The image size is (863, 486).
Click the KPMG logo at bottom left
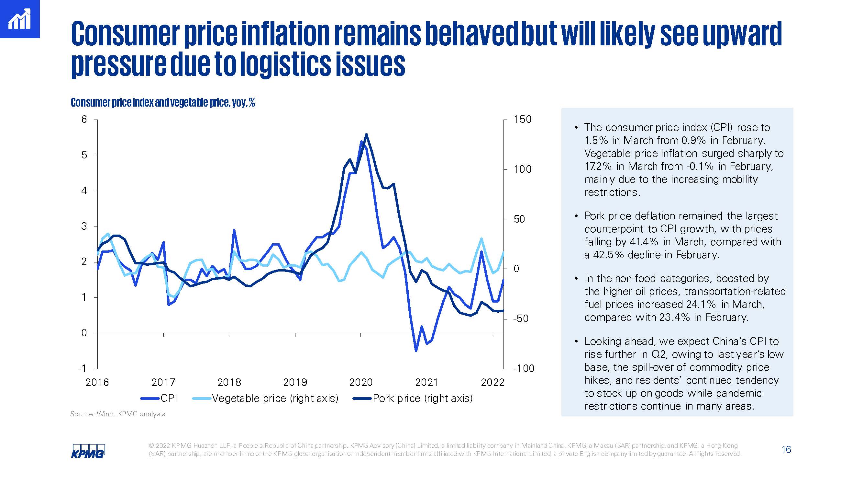click(88, 451)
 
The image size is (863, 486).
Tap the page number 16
click(786, 449)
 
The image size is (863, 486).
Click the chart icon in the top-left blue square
click(19, 19)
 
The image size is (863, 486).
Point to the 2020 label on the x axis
click(360, 382)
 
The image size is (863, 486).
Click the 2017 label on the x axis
click(163, 382)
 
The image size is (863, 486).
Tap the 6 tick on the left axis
click(84, 120)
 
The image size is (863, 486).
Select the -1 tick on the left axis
click(83, 368)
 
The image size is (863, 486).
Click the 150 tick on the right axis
click(522, 120)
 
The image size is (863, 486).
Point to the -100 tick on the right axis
click(524, 368)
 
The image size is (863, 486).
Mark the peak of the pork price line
click(366, 134)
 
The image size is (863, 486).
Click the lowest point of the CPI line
click(416, 351)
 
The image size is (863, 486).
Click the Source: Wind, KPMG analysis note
click(117, 414)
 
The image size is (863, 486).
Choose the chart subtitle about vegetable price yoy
click(163, 102)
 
